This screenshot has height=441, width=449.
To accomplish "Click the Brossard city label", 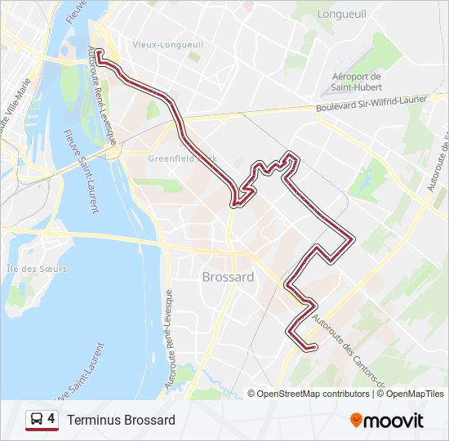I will pyautogui.click(x=227, y=277).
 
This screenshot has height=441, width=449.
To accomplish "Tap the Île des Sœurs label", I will pyautogui.click(x=36, y=269).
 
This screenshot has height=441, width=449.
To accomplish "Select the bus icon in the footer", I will pyautogui.click(x=37, y=420).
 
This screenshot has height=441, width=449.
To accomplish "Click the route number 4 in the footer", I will pyautogui.click(x=51, y=419).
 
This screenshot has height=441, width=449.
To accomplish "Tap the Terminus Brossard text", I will pyautogui.click(x=122, y=420).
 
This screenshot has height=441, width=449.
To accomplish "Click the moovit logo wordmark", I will pyautogui.click(x=394, y=421).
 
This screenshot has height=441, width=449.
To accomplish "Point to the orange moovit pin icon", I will pyautogui.click(x=357, y=421).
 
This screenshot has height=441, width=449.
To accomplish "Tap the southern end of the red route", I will pyautogui.click(x=313, y=349).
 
